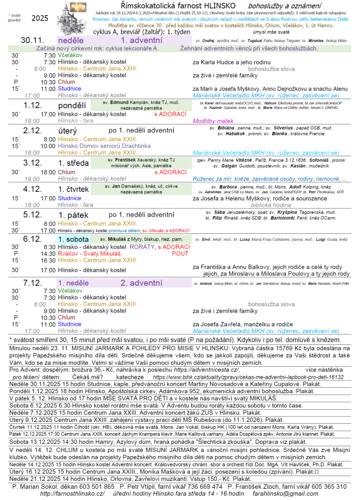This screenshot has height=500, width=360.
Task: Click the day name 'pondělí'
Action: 73,105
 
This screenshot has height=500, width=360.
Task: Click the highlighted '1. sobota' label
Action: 73,239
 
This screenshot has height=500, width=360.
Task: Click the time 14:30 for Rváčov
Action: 49,254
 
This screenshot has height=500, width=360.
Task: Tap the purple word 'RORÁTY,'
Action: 141,247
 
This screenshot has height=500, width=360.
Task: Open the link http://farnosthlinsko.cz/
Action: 72,494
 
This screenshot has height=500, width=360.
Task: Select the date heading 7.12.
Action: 33,283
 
